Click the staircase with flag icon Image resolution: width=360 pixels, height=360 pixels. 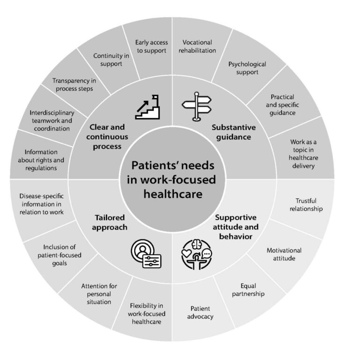[x=148, y=107]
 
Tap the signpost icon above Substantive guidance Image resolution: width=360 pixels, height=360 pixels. [x=197, y=106]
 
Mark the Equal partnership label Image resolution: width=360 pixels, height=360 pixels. [x=248, y=289]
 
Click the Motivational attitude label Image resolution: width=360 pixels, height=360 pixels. [x=284, y=254]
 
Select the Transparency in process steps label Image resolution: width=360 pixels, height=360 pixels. [x=72, y=84]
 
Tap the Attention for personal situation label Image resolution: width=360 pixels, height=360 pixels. [x=99, y=294]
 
